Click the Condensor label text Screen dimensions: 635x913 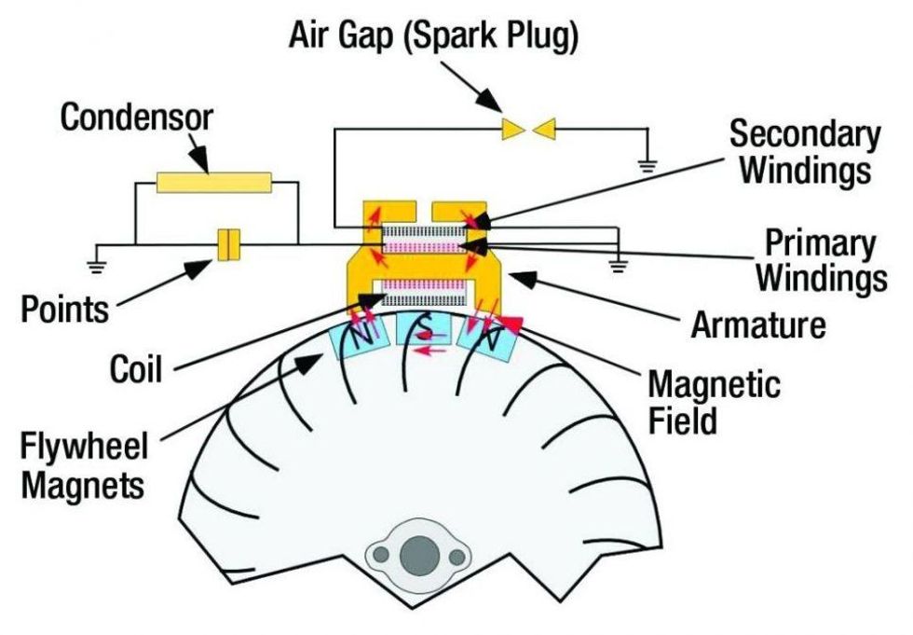tap(137, 118)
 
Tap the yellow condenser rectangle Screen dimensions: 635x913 tap(213, 182)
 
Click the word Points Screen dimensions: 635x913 tap(65, 309)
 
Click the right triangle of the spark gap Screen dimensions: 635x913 tap(546, 129)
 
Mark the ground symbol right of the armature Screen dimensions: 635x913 tap(615, 266)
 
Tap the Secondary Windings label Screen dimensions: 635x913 tap(803, 151)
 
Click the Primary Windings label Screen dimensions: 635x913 tap(820, 261)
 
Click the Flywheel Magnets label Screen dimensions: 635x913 tap(84, 465)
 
